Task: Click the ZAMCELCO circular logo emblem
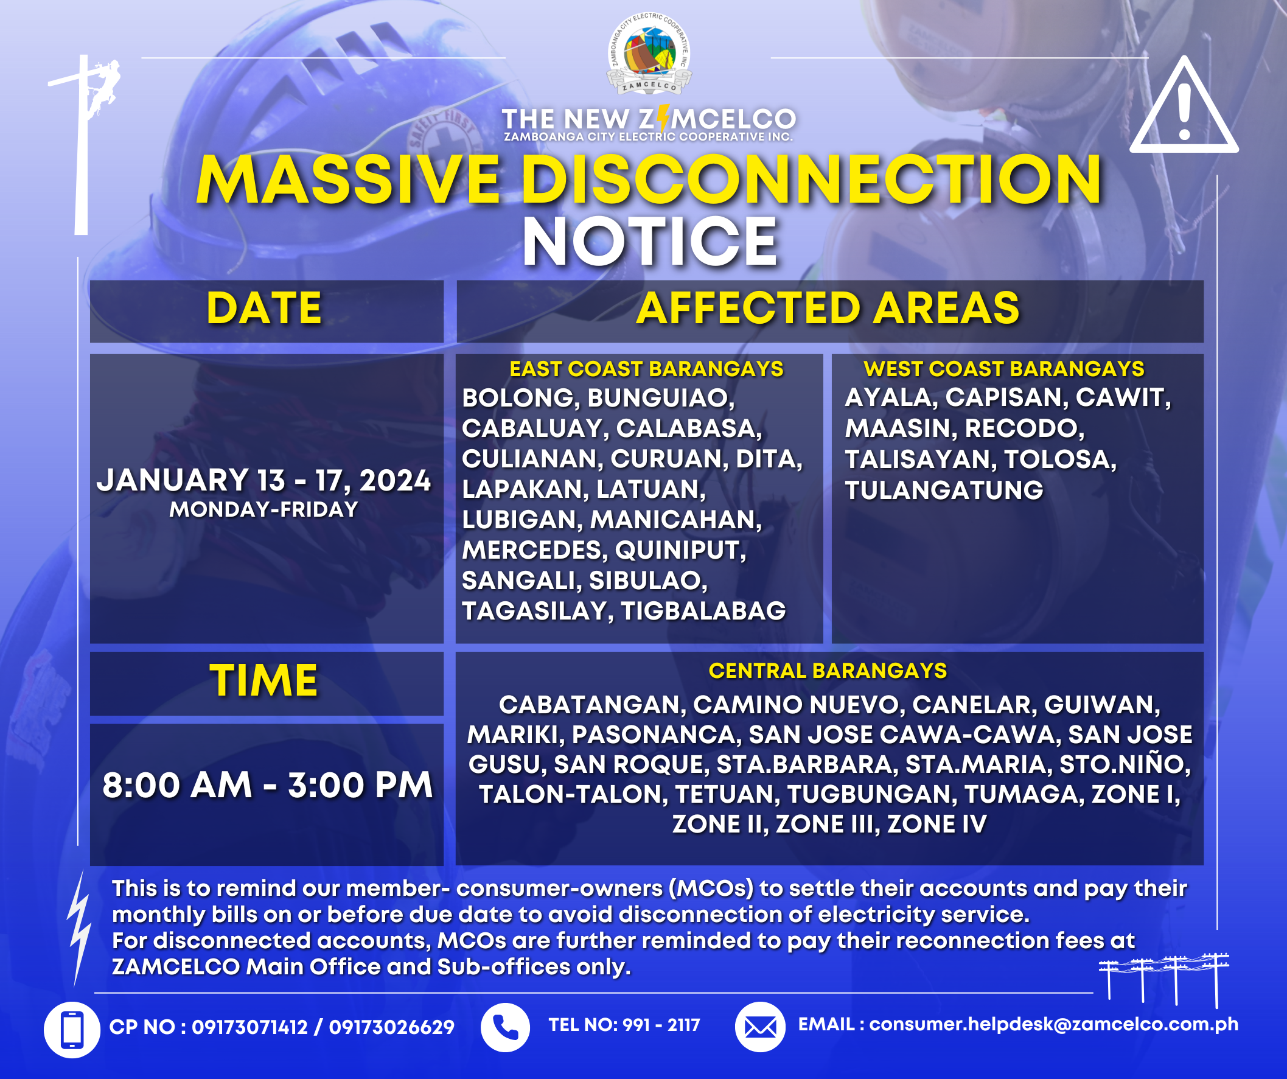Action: point(649,54)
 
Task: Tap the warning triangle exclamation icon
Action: point(1184,105)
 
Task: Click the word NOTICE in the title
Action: point(650,242)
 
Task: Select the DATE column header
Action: point(264,308)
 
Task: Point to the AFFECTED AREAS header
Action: point(828,308)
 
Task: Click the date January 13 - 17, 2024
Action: point(264,480)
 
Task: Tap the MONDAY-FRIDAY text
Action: point(264,509)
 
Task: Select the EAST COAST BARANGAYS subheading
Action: point(647,369)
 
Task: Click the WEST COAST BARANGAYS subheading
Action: point(1004,369)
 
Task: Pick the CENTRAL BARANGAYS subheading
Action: point(828,671)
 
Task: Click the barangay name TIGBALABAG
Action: point(703,611)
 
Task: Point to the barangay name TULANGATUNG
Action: point(944,491)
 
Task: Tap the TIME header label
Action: point(264,681)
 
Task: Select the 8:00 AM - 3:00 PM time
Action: point(268,785)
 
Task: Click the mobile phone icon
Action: point(72,1030)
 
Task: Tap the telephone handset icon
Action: point(506,1027)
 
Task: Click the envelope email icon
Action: point(760,1027)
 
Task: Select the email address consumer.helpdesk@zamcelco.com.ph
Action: point(1053,1024)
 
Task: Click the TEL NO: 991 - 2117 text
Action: point(624,1025)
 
